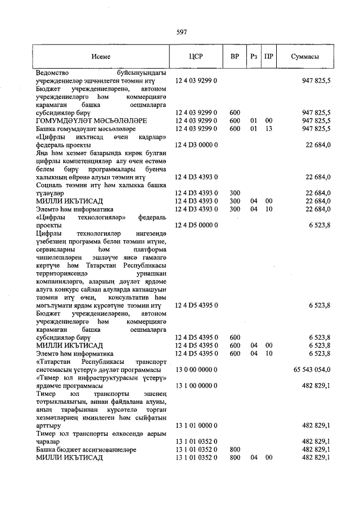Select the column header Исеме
click(102, 57)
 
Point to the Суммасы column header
click(305, 57)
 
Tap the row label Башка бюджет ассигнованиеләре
click(84, 450)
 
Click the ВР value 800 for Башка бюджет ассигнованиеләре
click(235, 450)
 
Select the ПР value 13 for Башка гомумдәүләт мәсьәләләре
click(269, 129)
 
